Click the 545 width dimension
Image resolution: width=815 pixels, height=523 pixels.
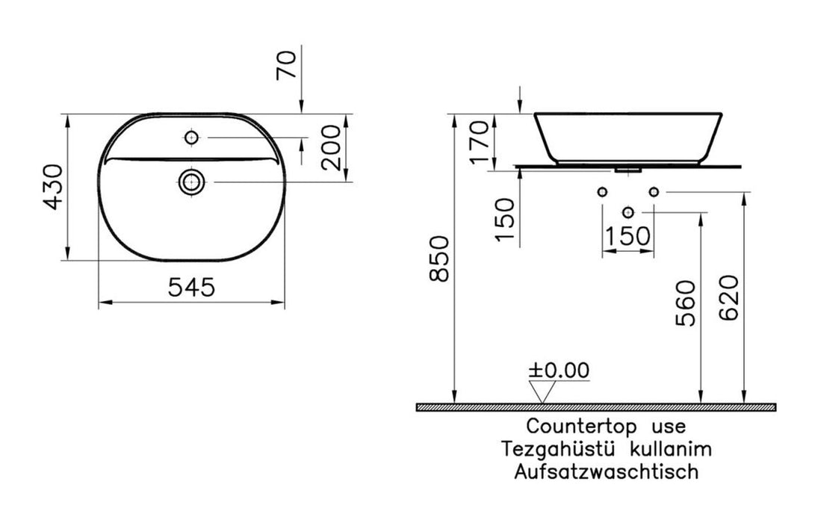(191, 287)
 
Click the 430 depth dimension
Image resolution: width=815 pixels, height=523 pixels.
(54, 187)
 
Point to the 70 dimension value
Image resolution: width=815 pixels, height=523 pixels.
(288, 64)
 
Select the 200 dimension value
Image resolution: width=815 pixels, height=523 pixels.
(332, 147)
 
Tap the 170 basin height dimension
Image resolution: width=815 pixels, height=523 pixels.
(480, 141)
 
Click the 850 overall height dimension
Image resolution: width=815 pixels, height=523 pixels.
(439, 259)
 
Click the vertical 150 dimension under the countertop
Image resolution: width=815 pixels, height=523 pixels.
(504, 220)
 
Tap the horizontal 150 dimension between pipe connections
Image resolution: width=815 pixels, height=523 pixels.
(627, 236)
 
